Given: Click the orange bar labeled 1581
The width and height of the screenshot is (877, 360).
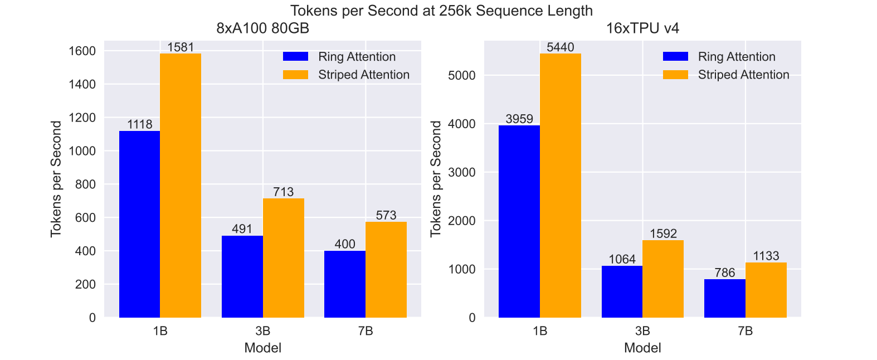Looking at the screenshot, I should pyautogui.click(x=181, y=186).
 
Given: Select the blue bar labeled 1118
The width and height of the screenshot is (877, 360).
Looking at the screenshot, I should pyautogui.click(x=139, y=224).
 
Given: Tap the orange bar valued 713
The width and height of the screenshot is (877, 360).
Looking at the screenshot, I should pyautogui.click(x=284, y=258).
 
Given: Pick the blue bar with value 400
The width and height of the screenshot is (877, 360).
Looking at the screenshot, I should pyautogui.click(x=345, y=284).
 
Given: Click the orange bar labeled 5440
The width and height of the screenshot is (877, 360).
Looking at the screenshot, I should pyautogui.click(x=561, y=186).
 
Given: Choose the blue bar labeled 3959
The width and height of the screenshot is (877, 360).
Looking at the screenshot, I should pyautogui.click(x=519, y=221).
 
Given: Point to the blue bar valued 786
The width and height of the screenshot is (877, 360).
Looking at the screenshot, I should pyautogui.click(x=725, y=298).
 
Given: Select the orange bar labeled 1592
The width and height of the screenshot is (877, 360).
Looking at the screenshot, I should pyautogui.click(x=663, y=279).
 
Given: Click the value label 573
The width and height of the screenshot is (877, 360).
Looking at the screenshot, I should pyautogui.click(x=386, y=215).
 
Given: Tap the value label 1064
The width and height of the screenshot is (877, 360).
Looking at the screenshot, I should pyautogui.click(x=622, y=259).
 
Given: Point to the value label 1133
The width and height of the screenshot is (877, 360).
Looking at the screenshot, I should pyautogui.click(x=766, y=256).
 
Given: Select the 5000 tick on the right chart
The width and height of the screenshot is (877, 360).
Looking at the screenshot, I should pyautogui.click(x=462, y=75).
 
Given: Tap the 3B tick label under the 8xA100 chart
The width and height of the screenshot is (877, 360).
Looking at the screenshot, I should pyautogui.click(x=263, y=331).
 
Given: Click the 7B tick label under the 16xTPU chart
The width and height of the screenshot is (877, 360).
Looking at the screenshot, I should pyautogui.click(x=746, y=331).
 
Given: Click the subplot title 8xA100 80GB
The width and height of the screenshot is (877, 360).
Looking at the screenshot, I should pyautogui.click(x=262, y=28).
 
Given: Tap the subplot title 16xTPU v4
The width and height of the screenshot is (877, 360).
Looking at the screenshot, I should pyautogui.click(x=642, y=28).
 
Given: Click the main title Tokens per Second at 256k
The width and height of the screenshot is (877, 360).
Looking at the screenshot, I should pyautogui.click(x=441, y=11).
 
